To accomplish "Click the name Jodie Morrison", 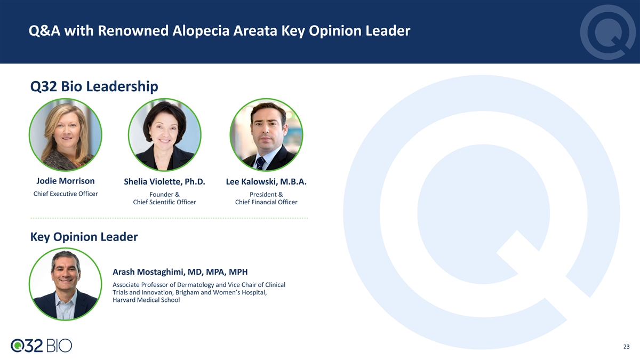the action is [66, 181].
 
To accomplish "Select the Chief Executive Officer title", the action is [66, 194].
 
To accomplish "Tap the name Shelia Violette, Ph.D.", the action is [164, 181].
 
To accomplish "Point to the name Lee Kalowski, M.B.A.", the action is [266, 181].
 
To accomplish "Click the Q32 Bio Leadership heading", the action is [94, 86].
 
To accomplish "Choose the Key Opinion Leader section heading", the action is [84, 237].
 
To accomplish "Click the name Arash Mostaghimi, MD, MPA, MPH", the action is [180, 271].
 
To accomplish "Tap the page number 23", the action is [626, 347].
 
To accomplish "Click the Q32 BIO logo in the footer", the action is [42, 346].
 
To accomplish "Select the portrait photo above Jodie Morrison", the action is [66, 134].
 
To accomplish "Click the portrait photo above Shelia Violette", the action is [165, 134].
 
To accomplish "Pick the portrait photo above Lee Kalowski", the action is [266, 134].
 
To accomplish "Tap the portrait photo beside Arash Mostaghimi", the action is [66, 284].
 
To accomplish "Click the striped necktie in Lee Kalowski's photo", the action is [260, 163].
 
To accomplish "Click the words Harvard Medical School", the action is [146, 300].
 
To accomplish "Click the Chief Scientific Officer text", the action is [164, 202].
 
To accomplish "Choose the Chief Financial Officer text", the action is [266, 202].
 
